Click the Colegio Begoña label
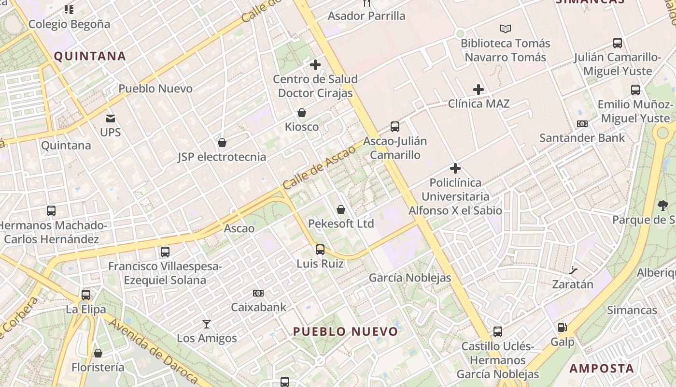(69, 24)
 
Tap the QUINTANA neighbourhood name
(90, 56)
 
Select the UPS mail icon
(111, 119)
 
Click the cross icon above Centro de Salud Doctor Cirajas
(315, 64)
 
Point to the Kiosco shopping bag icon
(302, 113)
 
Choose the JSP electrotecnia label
(222, 157)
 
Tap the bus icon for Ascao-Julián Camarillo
(395, 127)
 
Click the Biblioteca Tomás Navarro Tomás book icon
(505, 29)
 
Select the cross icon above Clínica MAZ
(479, 89)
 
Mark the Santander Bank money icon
(582, 124)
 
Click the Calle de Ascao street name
(319, 167)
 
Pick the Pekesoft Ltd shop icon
(341, 209)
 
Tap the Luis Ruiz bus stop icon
(320, 250)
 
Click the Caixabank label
(258, 307)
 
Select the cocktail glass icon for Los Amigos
(207, 324)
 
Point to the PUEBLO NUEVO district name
(346, 332)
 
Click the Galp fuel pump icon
(563, 328)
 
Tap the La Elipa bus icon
(86, 295)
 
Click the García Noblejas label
(410, 278)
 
